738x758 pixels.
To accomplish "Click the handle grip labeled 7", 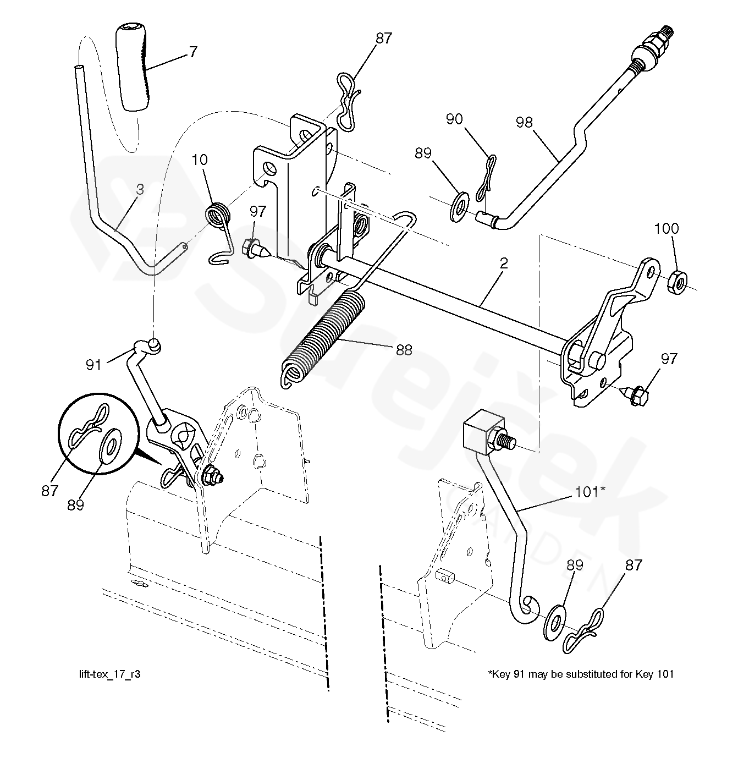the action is click(x=133, y=67).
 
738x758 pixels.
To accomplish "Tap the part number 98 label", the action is click(x=524, y=122).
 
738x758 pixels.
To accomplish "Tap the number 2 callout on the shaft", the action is click(x=504, y=263).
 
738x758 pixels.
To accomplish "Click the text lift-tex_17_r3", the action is click(x=109, y=674).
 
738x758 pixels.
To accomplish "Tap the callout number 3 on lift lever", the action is click(x=140, y=189).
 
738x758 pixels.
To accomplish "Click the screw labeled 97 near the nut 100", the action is click(x=634, y=395).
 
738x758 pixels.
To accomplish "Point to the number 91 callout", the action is click(x=93, y=365).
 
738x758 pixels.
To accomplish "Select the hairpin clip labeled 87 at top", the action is click(x=348, y=102).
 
